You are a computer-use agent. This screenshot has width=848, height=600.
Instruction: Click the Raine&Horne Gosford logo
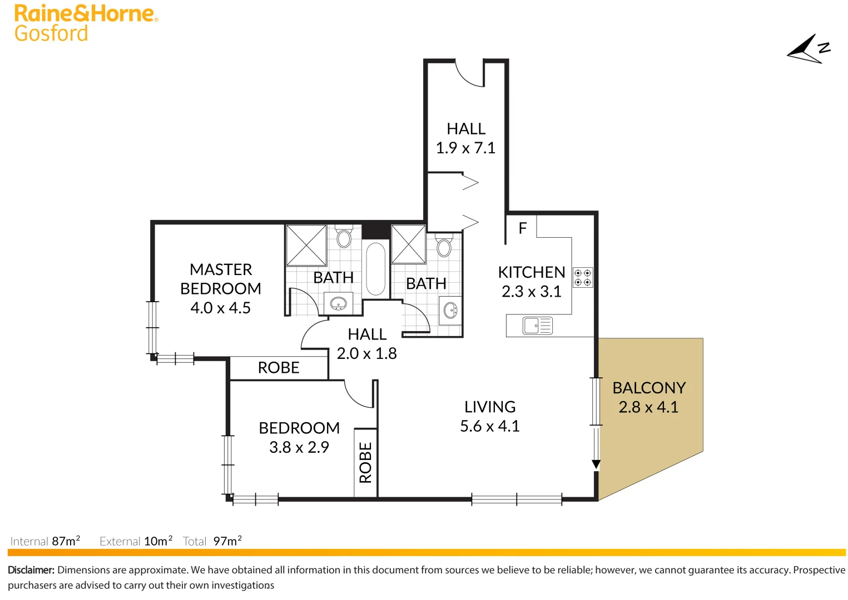pos(85,23)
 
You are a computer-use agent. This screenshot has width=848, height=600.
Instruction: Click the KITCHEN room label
pos(531,272)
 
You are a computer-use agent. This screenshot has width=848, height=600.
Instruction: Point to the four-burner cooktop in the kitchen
pos(583,277)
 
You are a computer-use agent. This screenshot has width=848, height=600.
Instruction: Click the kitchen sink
pos(537,326)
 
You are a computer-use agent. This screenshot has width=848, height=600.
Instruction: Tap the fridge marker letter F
pos(522,228)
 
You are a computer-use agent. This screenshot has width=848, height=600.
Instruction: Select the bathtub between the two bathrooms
pos(376,269)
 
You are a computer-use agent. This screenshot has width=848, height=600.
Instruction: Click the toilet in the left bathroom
pos(344,237)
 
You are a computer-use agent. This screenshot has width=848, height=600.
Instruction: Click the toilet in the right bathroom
pos(444,246)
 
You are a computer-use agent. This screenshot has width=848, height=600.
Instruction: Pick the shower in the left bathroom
pos(306,245)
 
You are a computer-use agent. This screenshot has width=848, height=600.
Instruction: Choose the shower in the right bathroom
pos(409,244)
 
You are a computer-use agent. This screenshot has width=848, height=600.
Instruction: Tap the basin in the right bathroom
pos(450,310)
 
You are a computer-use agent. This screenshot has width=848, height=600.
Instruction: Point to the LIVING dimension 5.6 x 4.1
pos(489,426)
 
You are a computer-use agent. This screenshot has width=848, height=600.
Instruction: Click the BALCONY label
pos(649,388)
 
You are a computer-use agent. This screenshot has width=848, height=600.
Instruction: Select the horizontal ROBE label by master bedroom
pos(279,368)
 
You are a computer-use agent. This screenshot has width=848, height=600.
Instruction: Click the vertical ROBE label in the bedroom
pos(365,462)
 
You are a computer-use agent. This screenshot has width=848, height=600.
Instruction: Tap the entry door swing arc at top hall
pos(469,75)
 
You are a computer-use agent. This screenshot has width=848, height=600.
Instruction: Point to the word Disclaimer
pos(31,570)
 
